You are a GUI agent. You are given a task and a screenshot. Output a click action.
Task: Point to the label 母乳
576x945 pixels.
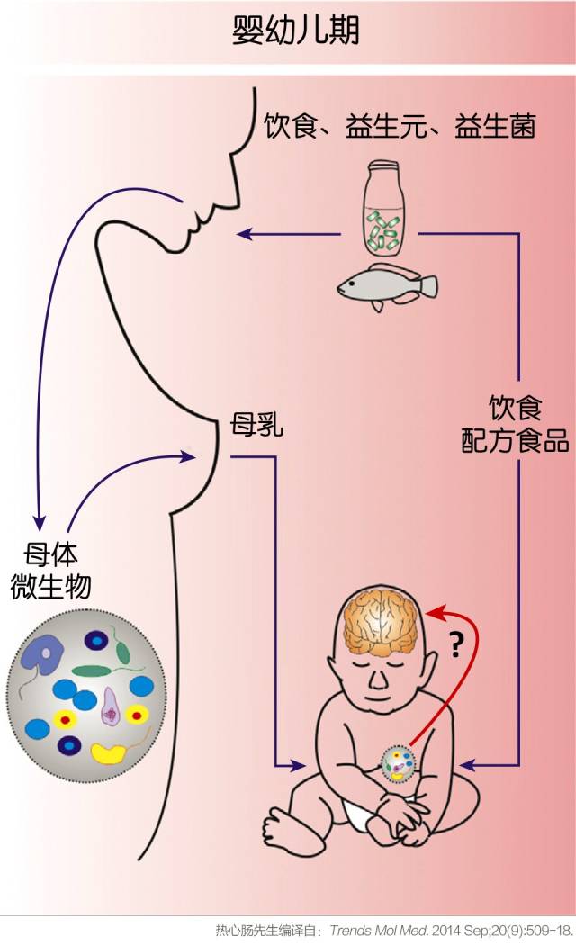257,423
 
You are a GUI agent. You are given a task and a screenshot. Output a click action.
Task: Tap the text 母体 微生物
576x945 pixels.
50,569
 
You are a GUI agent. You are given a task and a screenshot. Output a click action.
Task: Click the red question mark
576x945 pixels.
454,644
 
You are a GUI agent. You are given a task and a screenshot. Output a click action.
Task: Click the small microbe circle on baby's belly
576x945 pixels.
399,765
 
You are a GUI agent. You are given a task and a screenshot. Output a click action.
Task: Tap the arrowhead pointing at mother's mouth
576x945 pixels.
242,236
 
